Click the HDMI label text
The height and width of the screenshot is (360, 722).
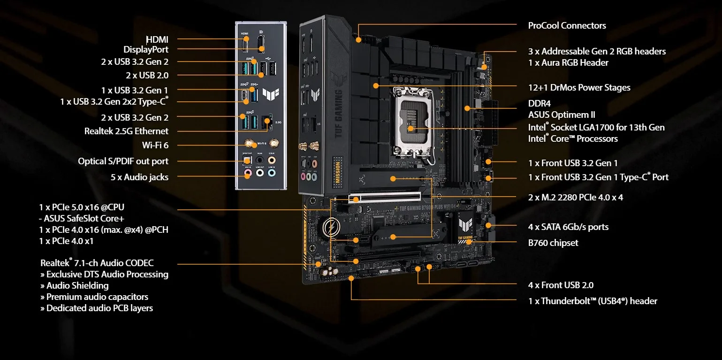[157, 39]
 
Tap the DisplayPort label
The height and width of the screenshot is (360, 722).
[146, 50]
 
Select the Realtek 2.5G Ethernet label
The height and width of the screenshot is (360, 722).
[126, 131]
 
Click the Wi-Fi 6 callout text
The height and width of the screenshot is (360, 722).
[155, 146]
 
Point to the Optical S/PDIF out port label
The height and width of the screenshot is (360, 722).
[123, 161]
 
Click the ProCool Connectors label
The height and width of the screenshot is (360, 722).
[567, 26]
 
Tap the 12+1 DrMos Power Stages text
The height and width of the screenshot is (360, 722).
[579, 88]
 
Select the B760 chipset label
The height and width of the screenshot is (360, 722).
[553, 243]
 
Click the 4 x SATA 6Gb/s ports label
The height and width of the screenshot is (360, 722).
[568, 227]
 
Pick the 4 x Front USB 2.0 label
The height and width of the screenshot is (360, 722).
[561, 285]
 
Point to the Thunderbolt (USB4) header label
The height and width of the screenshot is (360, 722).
[593, 301]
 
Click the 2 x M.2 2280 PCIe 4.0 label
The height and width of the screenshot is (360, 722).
[576, 198]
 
